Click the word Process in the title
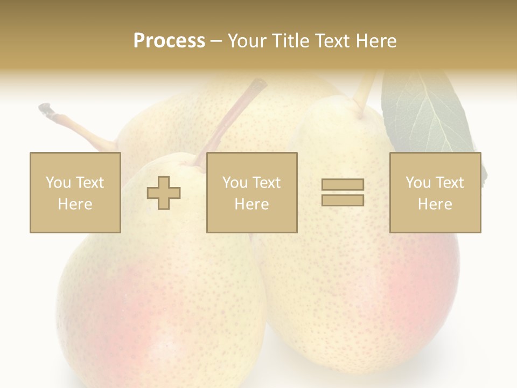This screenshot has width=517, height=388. coord(169,41)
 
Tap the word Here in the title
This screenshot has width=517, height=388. coord(376,41)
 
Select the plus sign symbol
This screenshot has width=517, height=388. coord(164,192)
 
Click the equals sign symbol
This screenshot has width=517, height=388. coord(343,192)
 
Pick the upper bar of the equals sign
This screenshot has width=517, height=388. coord(343,184)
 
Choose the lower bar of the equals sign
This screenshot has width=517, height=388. coord(343,200)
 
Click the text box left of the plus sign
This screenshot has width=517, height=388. coord(75,192)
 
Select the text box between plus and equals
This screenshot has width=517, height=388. coord(251,192)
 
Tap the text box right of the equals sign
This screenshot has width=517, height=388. coord(435,192)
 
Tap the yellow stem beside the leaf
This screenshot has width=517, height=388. coord(364,89)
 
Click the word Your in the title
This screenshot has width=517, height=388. coord(246,41)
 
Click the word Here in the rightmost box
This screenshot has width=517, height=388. coord(435,204)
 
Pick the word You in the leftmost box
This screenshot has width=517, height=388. coord(58,183)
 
